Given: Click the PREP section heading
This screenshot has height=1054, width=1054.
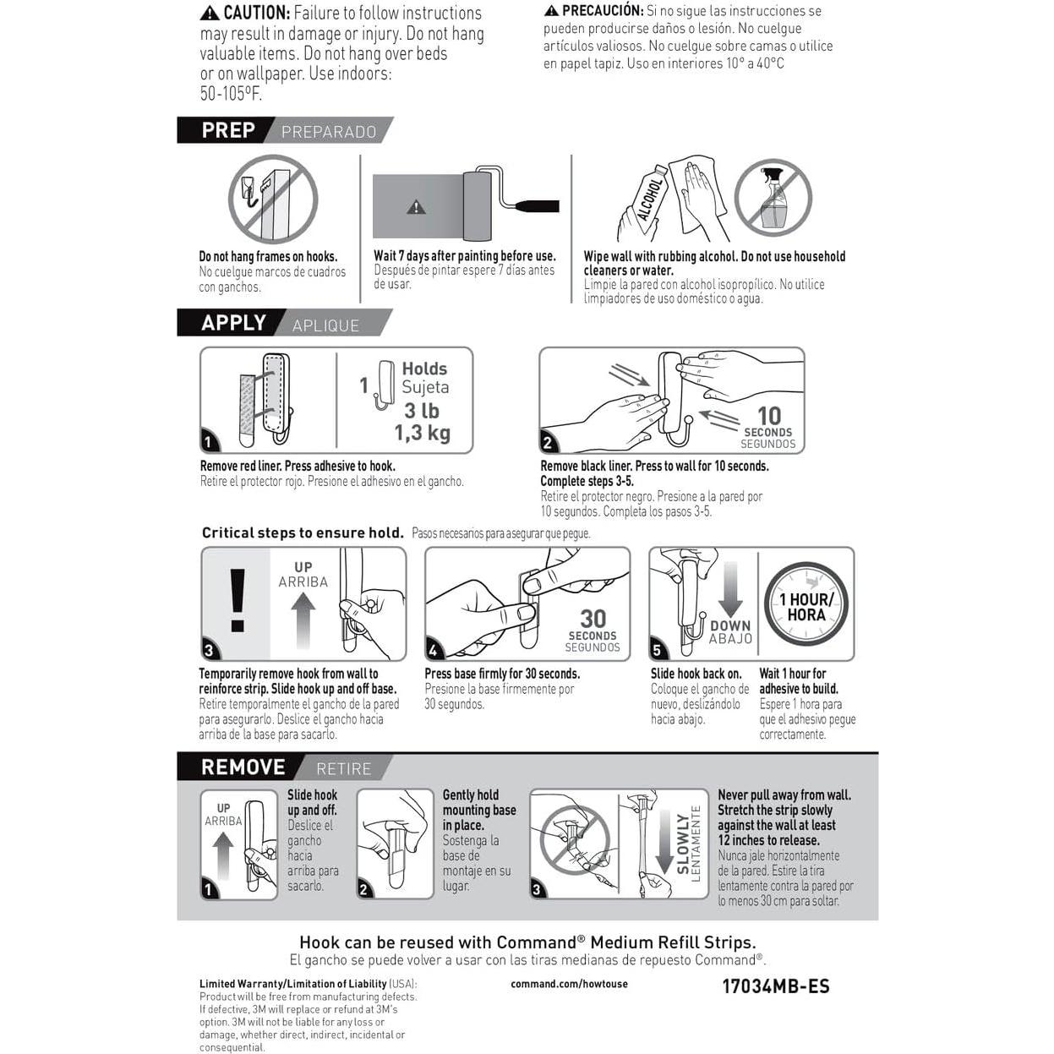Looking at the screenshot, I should coord(228,130).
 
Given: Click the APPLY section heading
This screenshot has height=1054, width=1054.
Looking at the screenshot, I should coord(233,323).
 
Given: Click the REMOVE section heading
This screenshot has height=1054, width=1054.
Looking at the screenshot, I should coord(243,767).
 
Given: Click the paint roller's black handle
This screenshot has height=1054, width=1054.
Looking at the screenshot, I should coord(536,205).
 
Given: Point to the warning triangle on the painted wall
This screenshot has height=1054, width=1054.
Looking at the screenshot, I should coord(416,207).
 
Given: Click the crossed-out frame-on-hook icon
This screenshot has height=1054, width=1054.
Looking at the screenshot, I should coord(272,199).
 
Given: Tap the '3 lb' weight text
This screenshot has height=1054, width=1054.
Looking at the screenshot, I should coord(421,411).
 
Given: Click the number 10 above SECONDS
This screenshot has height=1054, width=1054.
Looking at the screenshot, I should coord(768,416).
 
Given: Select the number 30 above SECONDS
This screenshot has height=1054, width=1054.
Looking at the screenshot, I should coord(593,619).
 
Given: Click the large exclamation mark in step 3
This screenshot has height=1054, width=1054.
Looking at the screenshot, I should coord(238,600).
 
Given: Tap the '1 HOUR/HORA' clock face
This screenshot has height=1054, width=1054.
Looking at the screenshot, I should coord(806,606).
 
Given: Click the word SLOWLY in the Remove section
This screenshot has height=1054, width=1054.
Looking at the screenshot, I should coord(683,844).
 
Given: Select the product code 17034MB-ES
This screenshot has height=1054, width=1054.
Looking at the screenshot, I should coord(775,986).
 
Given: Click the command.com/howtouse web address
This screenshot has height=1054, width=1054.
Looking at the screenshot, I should coord(569,984).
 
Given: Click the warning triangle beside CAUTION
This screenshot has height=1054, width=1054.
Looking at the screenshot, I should coord(210,14).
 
